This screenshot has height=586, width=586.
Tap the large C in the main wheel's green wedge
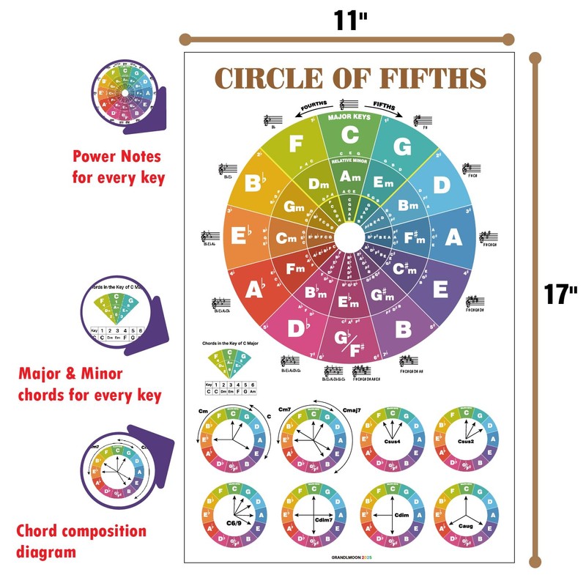coord(349,136)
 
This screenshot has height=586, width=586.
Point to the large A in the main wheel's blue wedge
coord(453,237)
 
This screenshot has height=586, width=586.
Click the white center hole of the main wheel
coord(350,237)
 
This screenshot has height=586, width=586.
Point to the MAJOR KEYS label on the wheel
coord(349,116)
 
